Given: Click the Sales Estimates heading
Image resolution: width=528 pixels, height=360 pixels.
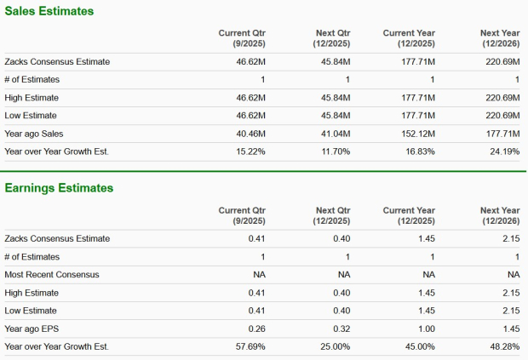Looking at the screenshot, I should tap(49, 11).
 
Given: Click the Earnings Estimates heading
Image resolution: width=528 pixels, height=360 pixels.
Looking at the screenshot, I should tap(59, 187).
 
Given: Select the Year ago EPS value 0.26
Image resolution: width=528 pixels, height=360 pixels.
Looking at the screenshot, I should tap(256, 329).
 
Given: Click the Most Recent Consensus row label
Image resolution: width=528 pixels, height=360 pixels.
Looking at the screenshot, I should tap(52, 275).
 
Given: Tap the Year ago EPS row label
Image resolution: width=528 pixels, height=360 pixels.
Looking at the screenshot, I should tap(32, 329).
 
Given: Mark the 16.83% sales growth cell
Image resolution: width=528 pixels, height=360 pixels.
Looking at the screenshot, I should tap(420, 151).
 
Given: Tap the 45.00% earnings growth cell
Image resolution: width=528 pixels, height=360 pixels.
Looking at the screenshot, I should tap(420, 346).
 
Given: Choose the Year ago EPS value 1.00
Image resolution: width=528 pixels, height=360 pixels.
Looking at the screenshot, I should tap(426, 329).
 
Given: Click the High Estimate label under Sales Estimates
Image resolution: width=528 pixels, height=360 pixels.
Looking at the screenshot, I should tap(32, 98).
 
